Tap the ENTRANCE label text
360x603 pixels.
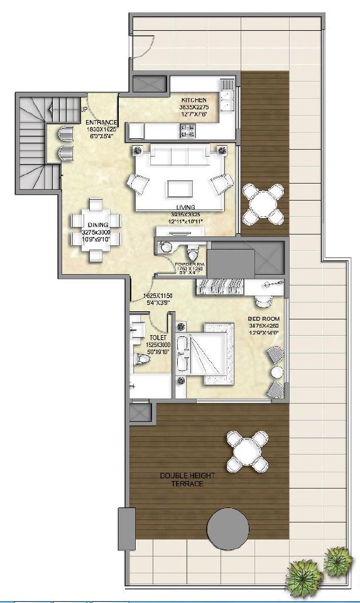pos(101,122)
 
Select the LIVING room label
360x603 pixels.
pos(186,207)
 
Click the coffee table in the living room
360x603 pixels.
pos(180,189)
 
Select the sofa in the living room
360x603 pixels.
pos(180,155)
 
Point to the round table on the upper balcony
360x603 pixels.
pos(262,204)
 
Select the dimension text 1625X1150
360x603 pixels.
pos(157,295)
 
